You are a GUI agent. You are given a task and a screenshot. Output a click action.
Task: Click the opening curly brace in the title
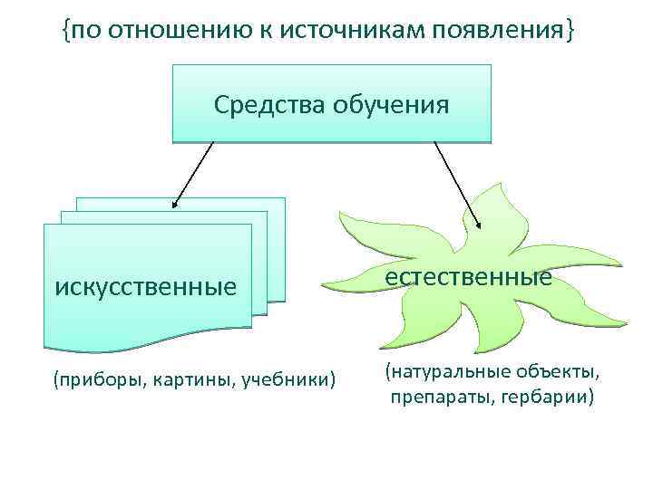66,34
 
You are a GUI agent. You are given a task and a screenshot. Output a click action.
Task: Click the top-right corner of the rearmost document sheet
285,198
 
